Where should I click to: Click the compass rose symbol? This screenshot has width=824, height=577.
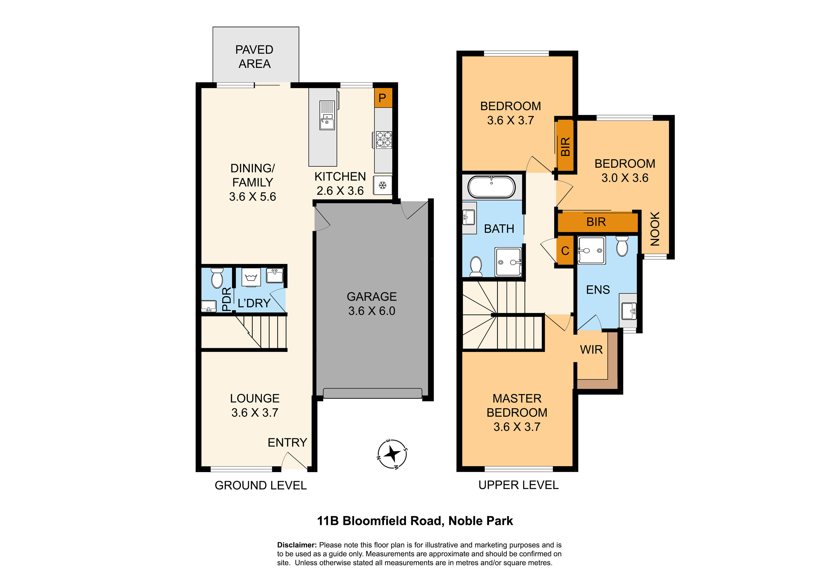[x=392, y=454]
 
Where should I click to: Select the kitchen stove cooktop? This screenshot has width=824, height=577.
[x=383, y=140]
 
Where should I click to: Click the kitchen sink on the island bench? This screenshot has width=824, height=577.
[x=327, y=115]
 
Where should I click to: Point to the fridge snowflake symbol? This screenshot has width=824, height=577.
[x=383, y=185]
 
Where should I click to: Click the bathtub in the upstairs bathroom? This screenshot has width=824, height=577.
[x=491, y=187]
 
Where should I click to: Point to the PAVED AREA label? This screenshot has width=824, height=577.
[x=254, y=56]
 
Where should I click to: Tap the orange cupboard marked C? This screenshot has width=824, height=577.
[x=565, y=251]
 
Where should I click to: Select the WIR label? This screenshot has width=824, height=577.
[x=591, y=349]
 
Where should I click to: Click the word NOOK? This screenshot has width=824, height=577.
[x=655, y=229]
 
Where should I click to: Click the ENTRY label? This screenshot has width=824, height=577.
[x=287, y=442]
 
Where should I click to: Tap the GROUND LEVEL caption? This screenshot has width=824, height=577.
[x=260, y=485]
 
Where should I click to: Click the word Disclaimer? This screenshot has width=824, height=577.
[x=297, y=545]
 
